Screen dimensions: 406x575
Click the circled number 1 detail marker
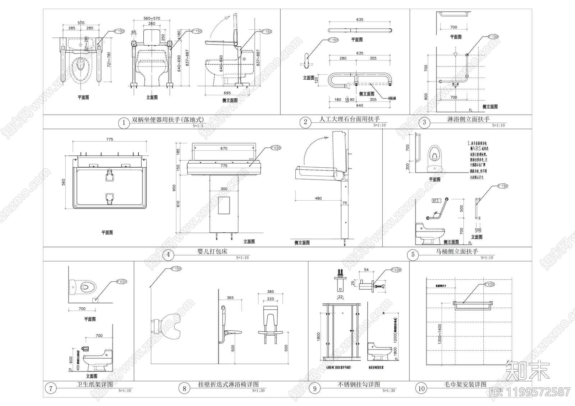click(x=124, y=123)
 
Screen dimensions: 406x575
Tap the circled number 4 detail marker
click(x=168, y=255)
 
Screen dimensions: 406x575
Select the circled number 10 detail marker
click(x=421, y=388)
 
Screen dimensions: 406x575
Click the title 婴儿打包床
click(x=212, y=251)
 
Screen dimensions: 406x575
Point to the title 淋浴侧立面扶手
click(x=468, y=119)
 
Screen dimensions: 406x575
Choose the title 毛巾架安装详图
click(x=465, y=384)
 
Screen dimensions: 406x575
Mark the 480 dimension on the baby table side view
click(x=318, y=198)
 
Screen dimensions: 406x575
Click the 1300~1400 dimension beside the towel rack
click(x=440, y=334)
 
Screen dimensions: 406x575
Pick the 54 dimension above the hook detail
click(x=366, y=270)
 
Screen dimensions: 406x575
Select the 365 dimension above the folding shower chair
click(x=230, y=298)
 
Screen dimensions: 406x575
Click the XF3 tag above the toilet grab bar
click(x=436, y=201)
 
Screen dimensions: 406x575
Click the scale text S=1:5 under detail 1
click(x=198, y=126)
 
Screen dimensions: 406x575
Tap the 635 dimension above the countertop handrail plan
click(x=359, y=20)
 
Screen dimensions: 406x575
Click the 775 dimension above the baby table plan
click(x=110, y=139)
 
